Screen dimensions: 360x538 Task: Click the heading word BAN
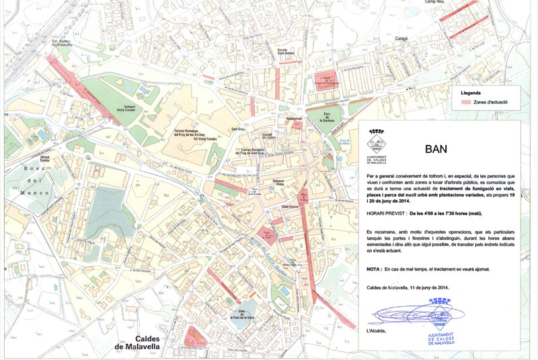pos(436,149)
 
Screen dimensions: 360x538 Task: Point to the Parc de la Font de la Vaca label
pos(241,315)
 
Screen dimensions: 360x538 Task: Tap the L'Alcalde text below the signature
pos(377,331)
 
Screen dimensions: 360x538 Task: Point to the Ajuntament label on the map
pos(295,119)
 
